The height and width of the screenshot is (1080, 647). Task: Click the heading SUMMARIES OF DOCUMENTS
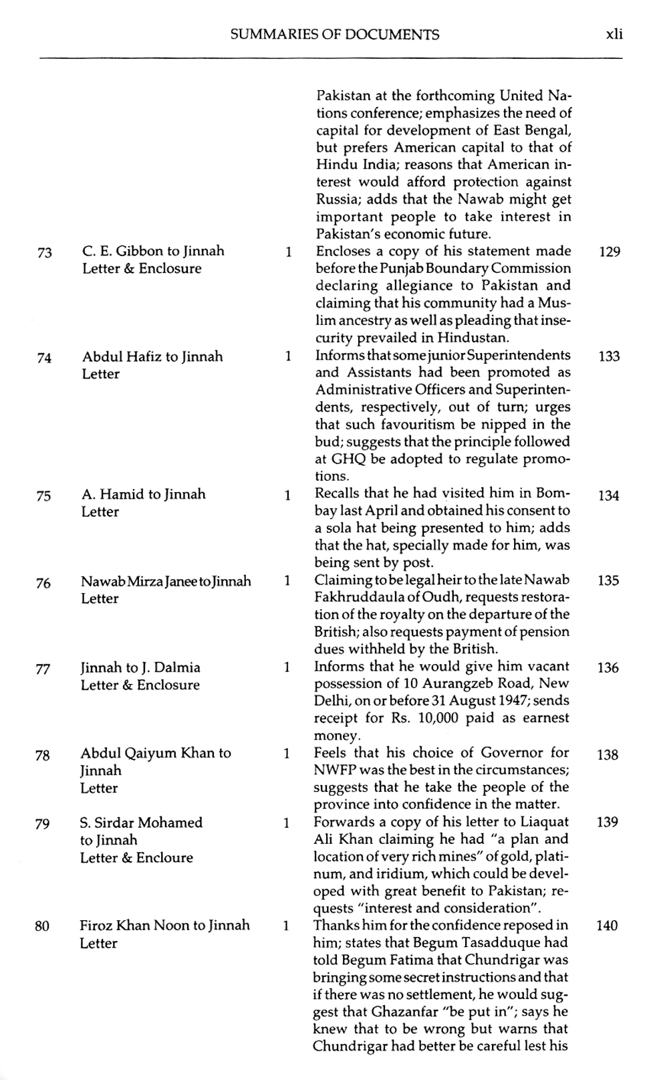[x=334, y=35]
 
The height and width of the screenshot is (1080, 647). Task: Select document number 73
[x=45, y=253]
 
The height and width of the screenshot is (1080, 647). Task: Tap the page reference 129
[x=609, y=252]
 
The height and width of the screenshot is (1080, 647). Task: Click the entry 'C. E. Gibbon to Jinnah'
[x=153, y=251]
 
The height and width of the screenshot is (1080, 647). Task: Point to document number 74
[x=44, y=358]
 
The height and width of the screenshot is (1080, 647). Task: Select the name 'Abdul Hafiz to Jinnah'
[x=152, y=356]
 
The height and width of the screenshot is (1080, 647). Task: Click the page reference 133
[x=609, y=356]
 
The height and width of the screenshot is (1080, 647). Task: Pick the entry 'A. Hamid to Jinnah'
[x=143, y=494]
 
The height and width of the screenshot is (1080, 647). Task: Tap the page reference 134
[x=608, y=496]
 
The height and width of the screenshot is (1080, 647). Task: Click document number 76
[x=43, y=583]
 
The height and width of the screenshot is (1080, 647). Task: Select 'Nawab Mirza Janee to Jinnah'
[x=166, y=581]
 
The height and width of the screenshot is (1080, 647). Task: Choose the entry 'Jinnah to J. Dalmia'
[x=140, y=667]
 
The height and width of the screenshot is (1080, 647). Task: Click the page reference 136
[x=608, y=667]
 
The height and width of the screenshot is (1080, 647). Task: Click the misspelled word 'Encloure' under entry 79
[x=164, y=857]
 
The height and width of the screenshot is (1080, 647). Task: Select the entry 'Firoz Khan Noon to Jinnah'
[x=164, y=926]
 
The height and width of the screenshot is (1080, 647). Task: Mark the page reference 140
[x=607, y=926]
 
